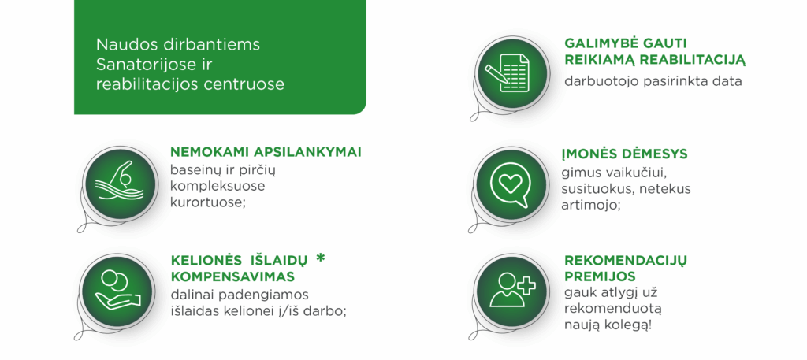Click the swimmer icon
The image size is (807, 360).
(x=119, y=184)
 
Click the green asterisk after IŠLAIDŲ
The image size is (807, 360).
(x=321, y=258)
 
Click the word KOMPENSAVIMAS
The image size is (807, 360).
(x=232, y=276)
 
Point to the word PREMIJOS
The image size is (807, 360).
(x=600, y=276)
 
